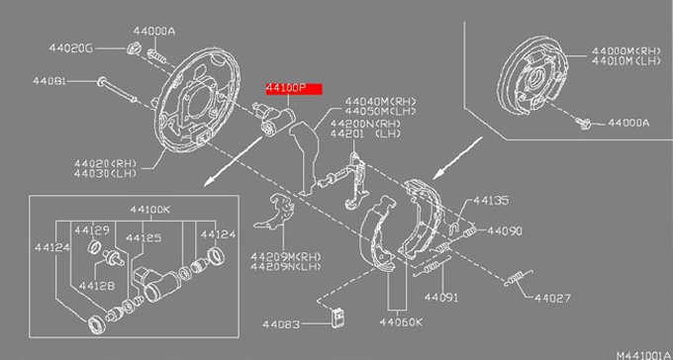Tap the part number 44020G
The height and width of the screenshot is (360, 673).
pyautogui.click(x=71, y=48)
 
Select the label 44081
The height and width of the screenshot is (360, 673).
pyautogui.click(x=49, y=81)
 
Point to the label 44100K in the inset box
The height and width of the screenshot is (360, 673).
pyautogui.click(x=149, y=210)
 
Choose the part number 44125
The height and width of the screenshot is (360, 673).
pyautogui.click(x=144, y=238)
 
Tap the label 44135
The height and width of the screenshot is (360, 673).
pyautogui.click(x=491, y=201)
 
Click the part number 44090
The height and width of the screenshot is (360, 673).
pyautogui.click(x=505, y=231)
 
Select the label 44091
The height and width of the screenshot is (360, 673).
pyautogui.click(x=441, y=297)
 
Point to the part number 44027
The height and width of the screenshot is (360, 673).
pyautogui.click(x=553, y=298)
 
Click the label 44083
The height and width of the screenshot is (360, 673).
pyautogui.click(x=281, y=324)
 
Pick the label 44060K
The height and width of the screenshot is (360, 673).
pyautogui.click(x=401, y=322)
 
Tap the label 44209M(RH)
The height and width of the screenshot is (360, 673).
pyautogui.click(x=286, y=257)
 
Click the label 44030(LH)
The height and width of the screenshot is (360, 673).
pyautogui.click(x=105, y=173)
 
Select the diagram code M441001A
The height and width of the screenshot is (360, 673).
pyautogui.click(x=644, y=355)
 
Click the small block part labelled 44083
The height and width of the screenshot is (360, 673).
pyautogui.click(x=339, y=317)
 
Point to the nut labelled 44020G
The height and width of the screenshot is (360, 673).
pyautogui.click(x=134, y=47)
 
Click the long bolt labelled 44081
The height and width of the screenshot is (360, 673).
pyautogui.click(x=117, y=90)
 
